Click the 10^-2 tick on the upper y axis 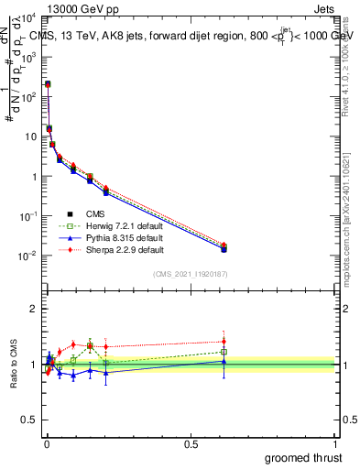coord(29,256)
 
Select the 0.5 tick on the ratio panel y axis coord(31,420)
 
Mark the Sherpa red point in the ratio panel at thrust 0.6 coord(224,341)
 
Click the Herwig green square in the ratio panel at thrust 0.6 coord(224,352)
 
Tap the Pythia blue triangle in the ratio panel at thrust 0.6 coord(224,361)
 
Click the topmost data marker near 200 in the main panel coord(48,84)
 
